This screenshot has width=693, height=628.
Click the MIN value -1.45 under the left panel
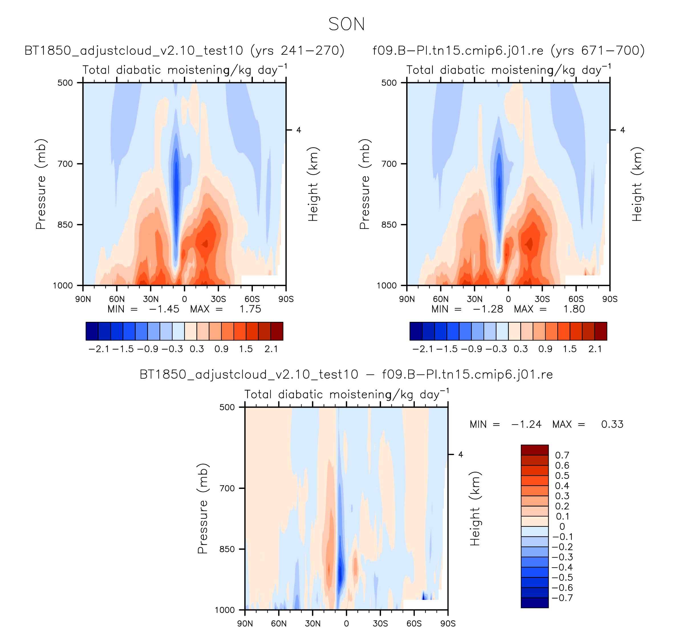click(x=164, y=309)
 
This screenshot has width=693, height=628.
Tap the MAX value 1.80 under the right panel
click(x=574, y=309)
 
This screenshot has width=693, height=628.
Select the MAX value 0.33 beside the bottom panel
click(x=612, y=424)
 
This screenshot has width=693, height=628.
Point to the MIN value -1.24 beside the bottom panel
click(x=526, y=424)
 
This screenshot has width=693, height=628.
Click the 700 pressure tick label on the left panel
click(x=65, y=164)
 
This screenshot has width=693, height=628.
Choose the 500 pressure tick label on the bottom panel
click(x=227, y=407)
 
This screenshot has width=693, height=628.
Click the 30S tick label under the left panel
click(x=218, y=299)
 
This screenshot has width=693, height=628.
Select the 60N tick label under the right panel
click(x=441, y=299)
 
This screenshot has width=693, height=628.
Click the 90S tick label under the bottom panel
click(x=448, y=623)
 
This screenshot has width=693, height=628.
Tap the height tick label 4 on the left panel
click(x=298, y=130)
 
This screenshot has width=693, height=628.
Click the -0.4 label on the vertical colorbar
click(x=562, y=567)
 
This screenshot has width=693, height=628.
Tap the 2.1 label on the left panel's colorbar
click(x=271, y=349)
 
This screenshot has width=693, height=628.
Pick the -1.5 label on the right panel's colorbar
click(x=447, y=349)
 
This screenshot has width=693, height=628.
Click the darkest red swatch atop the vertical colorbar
click(x=535, y=450)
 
